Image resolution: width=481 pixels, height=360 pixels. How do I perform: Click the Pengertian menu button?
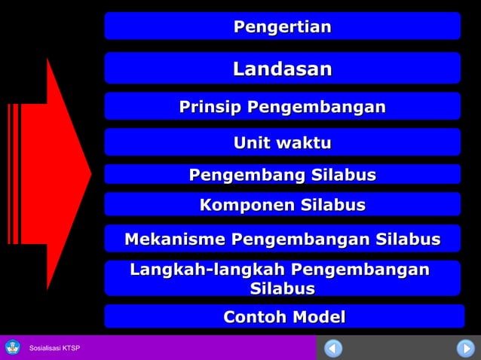[282, 26]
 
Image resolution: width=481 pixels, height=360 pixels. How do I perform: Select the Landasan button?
[282, 69]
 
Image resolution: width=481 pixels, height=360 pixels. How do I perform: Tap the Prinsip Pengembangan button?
[282, 107]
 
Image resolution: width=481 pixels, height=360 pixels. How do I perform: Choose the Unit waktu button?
[282, 142]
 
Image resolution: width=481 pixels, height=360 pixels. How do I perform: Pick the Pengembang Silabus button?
[282, 175]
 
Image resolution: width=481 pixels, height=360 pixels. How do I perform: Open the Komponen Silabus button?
[282, 204]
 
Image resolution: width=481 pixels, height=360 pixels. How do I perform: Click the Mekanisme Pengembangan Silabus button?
[282, 239]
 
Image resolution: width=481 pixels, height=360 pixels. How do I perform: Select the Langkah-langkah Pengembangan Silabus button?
[282, 279]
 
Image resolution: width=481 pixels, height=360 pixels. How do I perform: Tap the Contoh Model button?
[284, 316]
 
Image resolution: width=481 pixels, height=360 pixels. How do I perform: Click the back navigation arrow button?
[333, 348]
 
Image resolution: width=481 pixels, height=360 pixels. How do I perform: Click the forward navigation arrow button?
[464, 348]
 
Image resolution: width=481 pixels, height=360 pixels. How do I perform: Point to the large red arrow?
[53, 173]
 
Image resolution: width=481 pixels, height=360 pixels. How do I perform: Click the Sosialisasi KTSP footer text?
[54, 348]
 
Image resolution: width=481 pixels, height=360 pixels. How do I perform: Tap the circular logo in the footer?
[13, 347]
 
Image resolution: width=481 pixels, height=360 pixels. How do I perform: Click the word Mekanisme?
[174, 239]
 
